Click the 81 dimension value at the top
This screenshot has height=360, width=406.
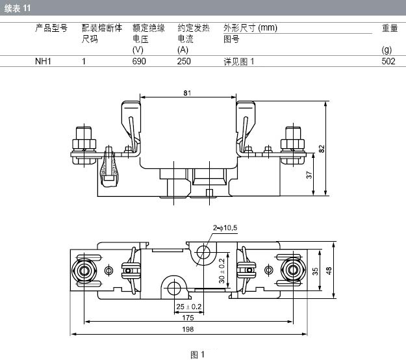pyautogui.click(x=187, y=93)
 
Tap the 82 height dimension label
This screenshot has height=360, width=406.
pyautogui.click(x=322, y=149)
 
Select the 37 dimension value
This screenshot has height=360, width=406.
pyautogui.click(x=309, y=175)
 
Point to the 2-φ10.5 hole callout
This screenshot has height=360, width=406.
pyautogui.click(x=225, y=228)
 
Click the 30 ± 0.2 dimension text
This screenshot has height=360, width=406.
pyautogui.click(x=222, y=271)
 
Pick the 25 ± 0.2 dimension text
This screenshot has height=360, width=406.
pyautogui.click(x=189, y=307)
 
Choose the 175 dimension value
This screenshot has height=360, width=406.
pyautogui.click(x=188, y=318)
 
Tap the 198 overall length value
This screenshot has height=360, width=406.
pyautogui.click(x=188, y=329)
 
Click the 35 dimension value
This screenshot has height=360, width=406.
pyautogui.click(x=315, y=271)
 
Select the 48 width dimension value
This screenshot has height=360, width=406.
pyautogui.click(x=329, y=271)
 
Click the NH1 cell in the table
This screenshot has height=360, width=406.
pyautogui.click(x=43, y=61)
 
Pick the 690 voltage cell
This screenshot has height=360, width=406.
pyautogui.click(x=139, y=61)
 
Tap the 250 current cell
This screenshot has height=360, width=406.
pyautogui.click(x=184, y=61)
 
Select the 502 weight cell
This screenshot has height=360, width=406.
pyautogui.click(x=388, y=61)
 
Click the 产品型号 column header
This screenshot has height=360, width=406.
pyautogui.click(x=51, y=28)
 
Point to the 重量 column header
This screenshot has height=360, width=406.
pyautogui.click(x=390, y=28)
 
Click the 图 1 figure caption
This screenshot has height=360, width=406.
pyautogui.click(x=197, y=355)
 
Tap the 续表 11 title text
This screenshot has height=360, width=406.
pyautogui.click(x=18, y=8)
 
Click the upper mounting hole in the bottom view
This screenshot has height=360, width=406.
pyautogui.click(x=203, y=252)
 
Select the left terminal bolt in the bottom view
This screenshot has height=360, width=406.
pyautogui.click(x=84, y=270)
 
